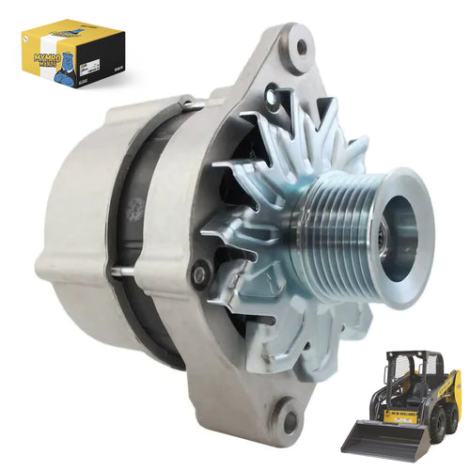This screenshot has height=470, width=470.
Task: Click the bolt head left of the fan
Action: [x=199, y=274]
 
